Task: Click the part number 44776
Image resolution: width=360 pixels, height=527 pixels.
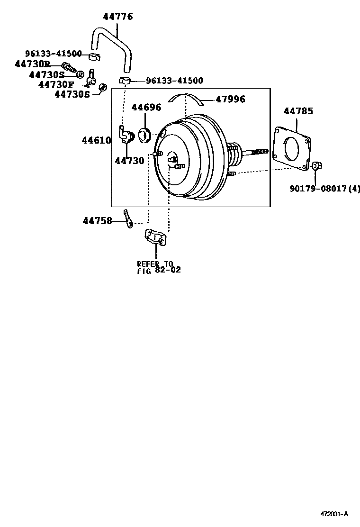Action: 118,17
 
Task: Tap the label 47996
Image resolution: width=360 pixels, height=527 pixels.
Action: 230,99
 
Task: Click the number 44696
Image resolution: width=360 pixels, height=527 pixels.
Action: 146,108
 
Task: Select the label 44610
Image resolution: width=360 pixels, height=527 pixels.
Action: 96,140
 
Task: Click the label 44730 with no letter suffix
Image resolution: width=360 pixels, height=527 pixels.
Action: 129,161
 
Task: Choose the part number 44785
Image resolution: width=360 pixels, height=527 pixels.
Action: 298,111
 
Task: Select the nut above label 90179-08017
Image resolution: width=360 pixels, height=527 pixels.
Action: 316,165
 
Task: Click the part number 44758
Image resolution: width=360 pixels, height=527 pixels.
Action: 97,221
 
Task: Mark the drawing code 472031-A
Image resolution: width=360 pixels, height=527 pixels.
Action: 333,513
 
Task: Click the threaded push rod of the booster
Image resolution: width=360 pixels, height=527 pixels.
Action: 256,152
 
